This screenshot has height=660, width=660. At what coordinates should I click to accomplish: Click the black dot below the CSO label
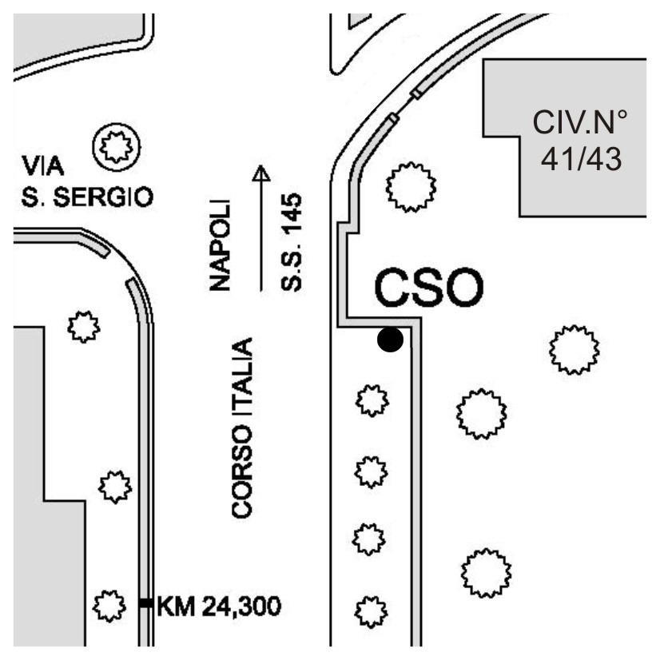click(x=390, y=340)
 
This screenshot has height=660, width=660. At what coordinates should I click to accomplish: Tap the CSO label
click(x=428, y=288)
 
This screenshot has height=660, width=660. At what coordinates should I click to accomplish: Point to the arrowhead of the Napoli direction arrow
click(x=261, y=173)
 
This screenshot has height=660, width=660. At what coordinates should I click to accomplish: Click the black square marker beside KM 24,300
click(x=145, y=603)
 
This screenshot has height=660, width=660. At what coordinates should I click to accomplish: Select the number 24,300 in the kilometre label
click(x=240, y=607)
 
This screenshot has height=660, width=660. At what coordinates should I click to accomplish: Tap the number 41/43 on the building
click(x=581, y=158)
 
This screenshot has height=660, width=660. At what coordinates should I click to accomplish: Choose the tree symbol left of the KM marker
click(x=109, y=605)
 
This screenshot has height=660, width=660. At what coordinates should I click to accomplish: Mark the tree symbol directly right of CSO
click(x=574, y=349)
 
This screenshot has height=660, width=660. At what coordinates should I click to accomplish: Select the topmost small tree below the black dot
click(x=371, y=399)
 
